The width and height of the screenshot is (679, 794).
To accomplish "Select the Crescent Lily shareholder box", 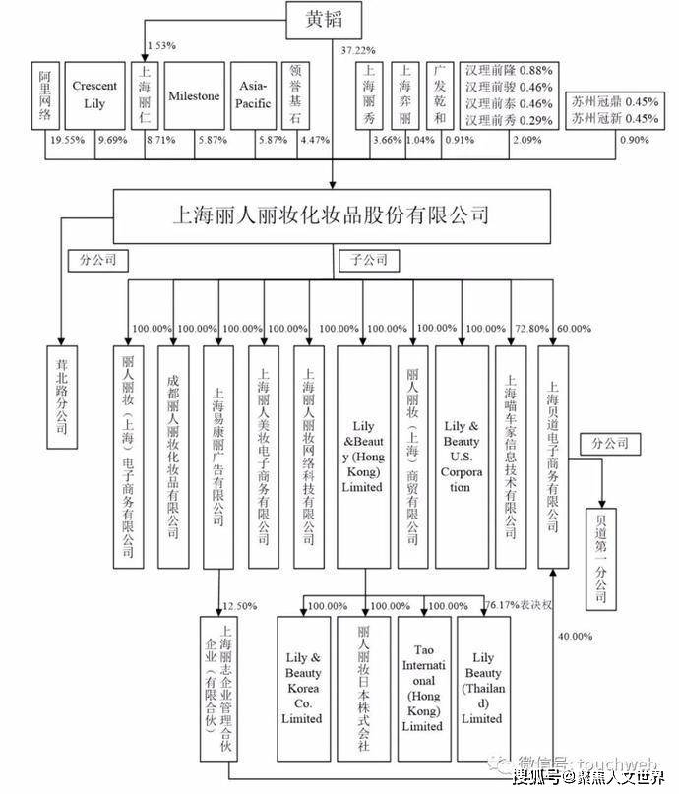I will [94, 95].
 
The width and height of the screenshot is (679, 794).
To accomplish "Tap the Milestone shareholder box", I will [194, 96].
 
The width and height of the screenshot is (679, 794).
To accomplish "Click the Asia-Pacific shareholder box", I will [254, 95].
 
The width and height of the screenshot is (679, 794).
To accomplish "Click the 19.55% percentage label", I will [67, 141].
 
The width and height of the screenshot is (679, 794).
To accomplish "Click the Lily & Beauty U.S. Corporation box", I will [463, 456].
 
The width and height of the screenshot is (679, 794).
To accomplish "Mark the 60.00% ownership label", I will [575, 328].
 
